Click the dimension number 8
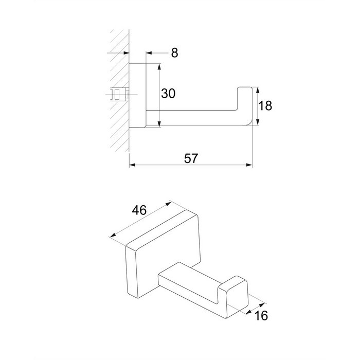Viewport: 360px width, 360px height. [x=174, y=53]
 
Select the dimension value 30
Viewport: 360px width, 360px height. [x=168, y=94]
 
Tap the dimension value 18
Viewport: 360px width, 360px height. [x=265, y=106]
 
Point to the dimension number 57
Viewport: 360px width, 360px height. [x=191, y=158]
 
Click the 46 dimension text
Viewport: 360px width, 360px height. [x=139, y=210]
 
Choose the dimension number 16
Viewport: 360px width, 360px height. [x=261, y=315]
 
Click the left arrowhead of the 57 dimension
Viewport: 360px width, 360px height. [x=132, y=165]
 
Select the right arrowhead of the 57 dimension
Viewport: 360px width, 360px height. [x=249, y=165]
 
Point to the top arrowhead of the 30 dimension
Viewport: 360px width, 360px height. [x=159, y=67]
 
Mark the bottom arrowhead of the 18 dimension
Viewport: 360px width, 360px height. [x=258, y=122]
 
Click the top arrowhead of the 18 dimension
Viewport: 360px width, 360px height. [x=258, y=90]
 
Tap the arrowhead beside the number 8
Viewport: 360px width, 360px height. [x=149, y=53]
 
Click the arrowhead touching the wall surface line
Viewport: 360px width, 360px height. [x=127, y=53]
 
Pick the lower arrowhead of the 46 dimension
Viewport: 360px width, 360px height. [x=113, y=236]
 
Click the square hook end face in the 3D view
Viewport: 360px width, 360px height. [x=237, y=297]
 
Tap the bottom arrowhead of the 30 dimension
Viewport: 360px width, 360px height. [x=159, y=124]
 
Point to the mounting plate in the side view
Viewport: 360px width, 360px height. [x=137, y=95]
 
